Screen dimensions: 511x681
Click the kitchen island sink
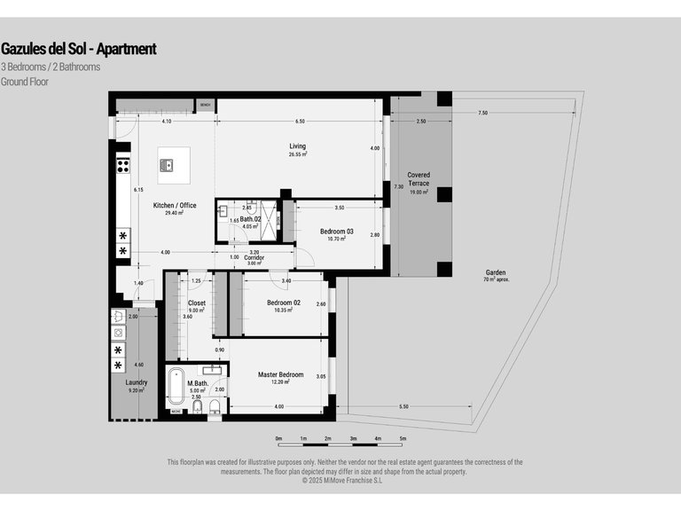click(167, 164)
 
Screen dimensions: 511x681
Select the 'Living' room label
click(297, 146)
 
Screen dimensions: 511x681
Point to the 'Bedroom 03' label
click(336, 232)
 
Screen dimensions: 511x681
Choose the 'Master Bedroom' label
click(280, 374)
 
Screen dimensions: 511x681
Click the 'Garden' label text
click(496, 272)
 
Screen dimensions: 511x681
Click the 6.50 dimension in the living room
click(300, 122)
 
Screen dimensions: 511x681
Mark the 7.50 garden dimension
click(481, 113)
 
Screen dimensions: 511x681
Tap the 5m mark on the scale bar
click(403, 438)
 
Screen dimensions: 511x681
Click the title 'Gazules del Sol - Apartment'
click(78, 49)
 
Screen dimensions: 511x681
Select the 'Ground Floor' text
click(25, 82)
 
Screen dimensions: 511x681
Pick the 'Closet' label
click(196, 303)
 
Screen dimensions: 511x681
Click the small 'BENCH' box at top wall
click(205, 106)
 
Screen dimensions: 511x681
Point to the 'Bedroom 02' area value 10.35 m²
click(284, 311)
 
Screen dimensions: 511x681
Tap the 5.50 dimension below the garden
click(403, 406)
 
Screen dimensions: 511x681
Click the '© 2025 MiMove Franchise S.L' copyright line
click(341, 480)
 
